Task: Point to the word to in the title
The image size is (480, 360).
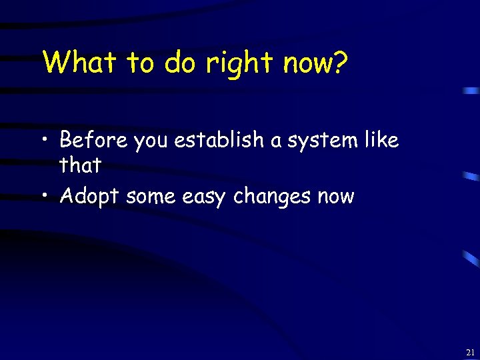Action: (141, 63)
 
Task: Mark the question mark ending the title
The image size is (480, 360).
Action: (340, 63)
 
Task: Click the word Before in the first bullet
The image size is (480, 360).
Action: (93, 140)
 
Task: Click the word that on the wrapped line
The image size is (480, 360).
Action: (80, 165)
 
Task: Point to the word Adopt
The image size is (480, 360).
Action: (89, 197)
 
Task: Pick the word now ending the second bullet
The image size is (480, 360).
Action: (336, 197)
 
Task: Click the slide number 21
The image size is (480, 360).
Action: (471, 352)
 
